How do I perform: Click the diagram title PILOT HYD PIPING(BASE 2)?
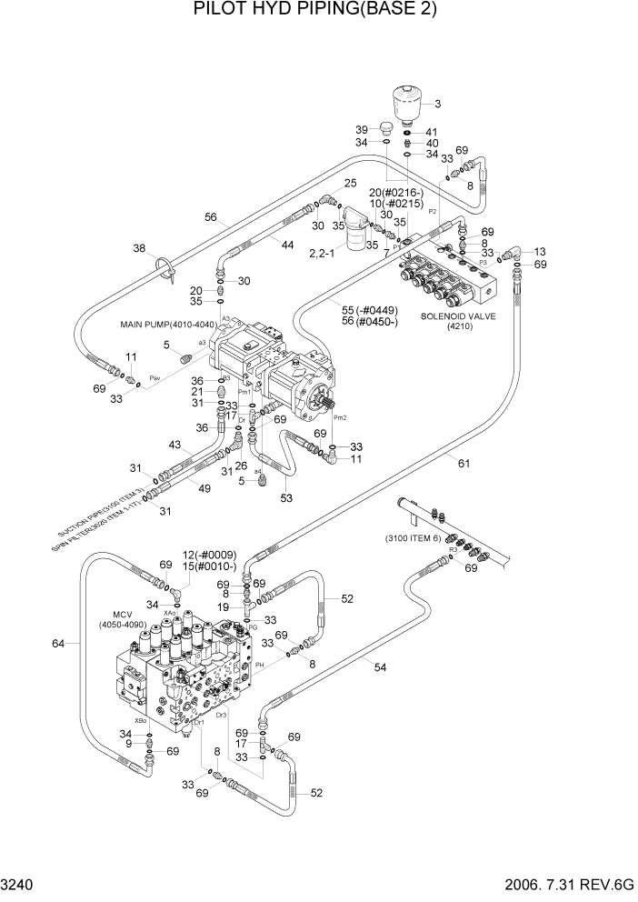[315, 10]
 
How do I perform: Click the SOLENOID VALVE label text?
[455, 316]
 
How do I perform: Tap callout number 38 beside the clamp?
[139, 248]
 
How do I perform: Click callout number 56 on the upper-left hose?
[211, 217]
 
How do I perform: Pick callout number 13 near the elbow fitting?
[540, 251]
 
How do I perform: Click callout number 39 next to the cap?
[361, 129]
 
